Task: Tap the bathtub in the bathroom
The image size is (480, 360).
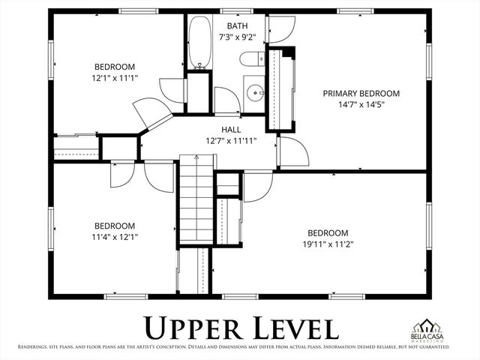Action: [x=199, y=43]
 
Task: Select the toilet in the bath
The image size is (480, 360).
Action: [x=250, y=58]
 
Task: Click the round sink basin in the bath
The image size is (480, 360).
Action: [x=256, y=94]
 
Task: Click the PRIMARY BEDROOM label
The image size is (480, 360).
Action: [x=361, y=93]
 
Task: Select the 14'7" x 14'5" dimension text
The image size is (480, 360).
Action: [x=361, y=104]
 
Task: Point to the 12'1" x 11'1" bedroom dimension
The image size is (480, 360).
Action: [x=115, y=76]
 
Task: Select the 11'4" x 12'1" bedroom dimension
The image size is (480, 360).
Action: [x=114, y=236]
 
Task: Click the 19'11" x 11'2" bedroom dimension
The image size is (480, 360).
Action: [x=328, y=244]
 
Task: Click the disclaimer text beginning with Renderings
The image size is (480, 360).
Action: [x=240, y=347]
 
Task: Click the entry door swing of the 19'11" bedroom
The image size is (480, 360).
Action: [x=258, y=187]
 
